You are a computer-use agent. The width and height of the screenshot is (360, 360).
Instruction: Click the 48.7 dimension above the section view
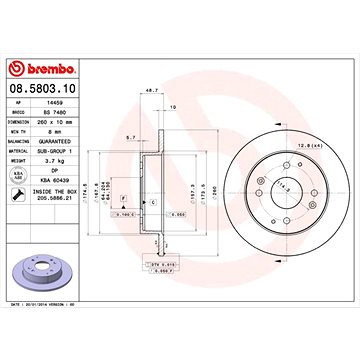coord(152,90)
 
